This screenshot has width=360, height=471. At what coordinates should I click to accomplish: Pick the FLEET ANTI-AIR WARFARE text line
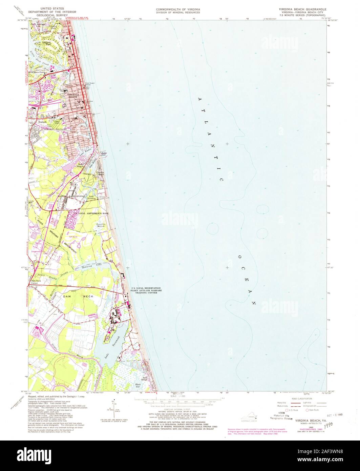coord(146,290)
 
